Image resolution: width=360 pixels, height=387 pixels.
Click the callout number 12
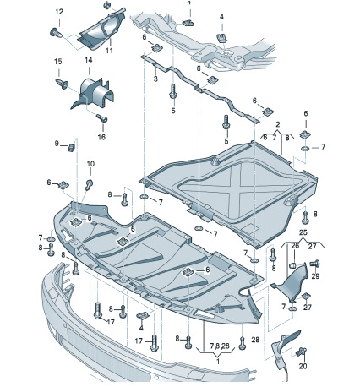[x=59, y=12]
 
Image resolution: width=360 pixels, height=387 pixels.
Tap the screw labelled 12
[x=57, y=32]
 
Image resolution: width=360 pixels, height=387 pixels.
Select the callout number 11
[x=109, y=50]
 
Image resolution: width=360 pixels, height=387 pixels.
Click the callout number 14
[x=89, y=60]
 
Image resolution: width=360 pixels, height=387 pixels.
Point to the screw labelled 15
[x=62, y=84]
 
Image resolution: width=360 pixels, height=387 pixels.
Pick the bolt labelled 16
[x=102, y=118]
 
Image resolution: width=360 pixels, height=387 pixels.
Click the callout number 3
[x=155, y=79]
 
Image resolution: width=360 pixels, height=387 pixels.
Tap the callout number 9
[x=57, y=144]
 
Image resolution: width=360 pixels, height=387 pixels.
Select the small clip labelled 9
[x=72, y=147]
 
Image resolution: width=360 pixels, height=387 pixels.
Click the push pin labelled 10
[x=89, y=184]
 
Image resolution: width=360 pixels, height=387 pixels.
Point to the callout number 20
[x=303, y=366]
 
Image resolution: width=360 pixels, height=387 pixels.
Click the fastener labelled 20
[x=302, y=352]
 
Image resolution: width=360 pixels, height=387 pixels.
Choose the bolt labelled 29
[x=315, y=264]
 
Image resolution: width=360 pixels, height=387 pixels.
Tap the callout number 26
[x=295, y=246]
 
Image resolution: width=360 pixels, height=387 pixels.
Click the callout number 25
[x=303, y=233]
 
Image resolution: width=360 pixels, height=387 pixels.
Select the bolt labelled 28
[x=243, y=342]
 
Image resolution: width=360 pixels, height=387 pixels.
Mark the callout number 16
[x=101, y=137]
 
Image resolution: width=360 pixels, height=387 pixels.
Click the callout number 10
[x=90, y=164]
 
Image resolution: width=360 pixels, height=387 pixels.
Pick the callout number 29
[x=315, y=276]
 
